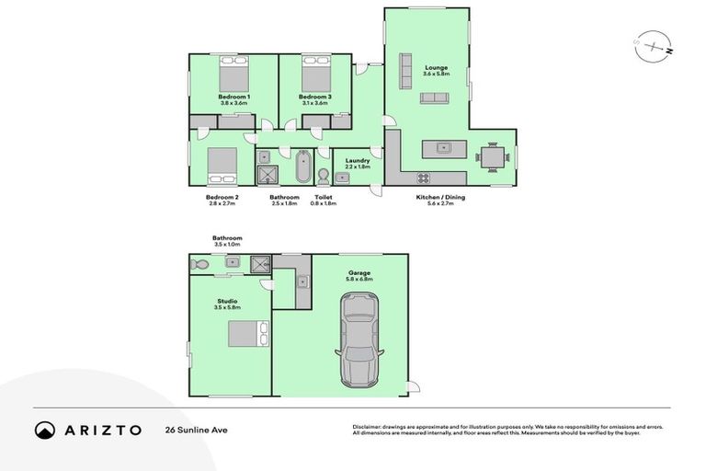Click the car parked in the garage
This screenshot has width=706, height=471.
click(358, 340)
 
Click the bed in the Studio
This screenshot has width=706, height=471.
click(247, 333)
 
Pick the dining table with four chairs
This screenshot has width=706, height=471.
click(493, 156)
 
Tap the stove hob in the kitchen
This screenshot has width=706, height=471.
click(424, 178)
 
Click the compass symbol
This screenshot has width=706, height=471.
click(653, 44)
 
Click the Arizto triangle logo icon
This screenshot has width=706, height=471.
click(45, 430)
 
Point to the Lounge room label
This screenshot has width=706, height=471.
click(435, 66)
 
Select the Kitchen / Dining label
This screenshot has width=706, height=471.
click(435, 196)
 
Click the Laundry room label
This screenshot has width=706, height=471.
click(358, 160)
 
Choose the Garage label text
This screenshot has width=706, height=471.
click(359, 272)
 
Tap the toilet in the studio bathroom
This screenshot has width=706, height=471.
click(199, 264)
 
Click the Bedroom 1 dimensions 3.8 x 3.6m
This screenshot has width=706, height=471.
click(233, 103)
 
